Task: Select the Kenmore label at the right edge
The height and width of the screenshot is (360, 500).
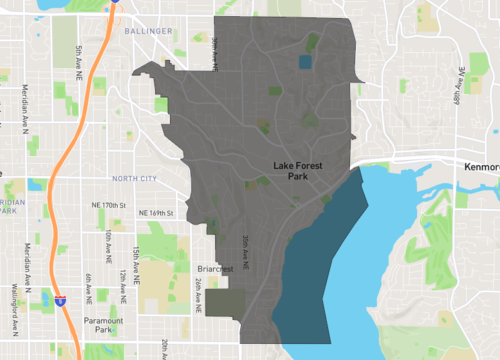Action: pos(482,167)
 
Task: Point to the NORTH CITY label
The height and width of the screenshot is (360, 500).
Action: pos(136,179)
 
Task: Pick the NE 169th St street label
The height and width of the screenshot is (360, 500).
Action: pos(156,213)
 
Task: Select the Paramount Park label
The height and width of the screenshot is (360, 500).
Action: pos(104,324)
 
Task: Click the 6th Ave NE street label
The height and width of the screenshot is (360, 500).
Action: pos(88,288)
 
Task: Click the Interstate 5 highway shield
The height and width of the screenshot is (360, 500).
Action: pos(60,298)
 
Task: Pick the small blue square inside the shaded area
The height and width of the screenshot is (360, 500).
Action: pos(305,61)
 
